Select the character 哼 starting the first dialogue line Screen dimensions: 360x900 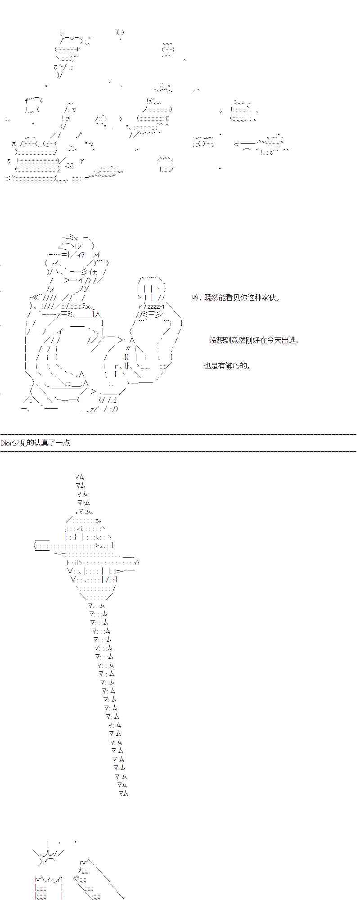click(x=195, y=297)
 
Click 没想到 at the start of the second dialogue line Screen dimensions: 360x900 click(x=220, y=340)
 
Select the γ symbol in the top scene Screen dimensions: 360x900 click(x=81, y=161)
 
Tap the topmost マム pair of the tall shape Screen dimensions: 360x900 click(x=79, y=477)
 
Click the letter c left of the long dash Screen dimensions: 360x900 click(x=236, y=144)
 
